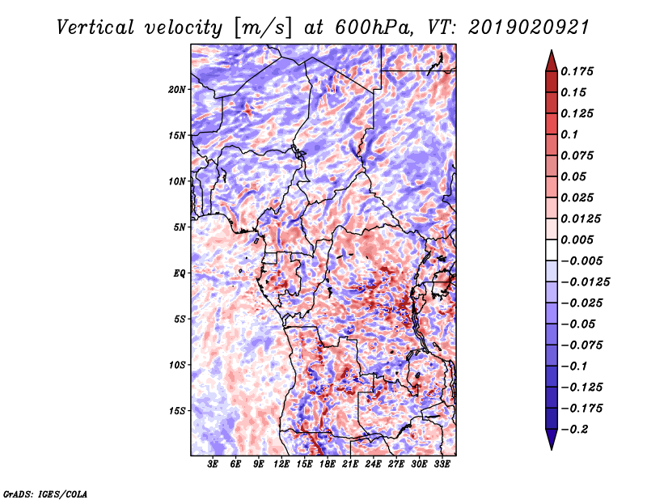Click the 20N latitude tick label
pos(177,89)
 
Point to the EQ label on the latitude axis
pos(179,273)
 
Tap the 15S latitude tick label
pos(177,410)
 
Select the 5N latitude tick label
pos(180,227)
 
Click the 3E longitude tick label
pos(213,464)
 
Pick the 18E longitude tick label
pos(328,464)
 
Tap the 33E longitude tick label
pos(442,464)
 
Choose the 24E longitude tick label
pos(373,464)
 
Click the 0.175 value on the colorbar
pos(577,71)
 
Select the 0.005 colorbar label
pos(577,239)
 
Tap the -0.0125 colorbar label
pos(585,282)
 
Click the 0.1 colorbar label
pos(570,134)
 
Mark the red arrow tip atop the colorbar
pos(552,51)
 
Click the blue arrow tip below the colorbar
pos(552,448)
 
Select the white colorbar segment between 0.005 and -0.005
pos(552,250)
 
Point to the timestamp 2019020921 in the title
pos(529,28)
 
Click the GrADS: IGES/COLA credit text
pos(45,494)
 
